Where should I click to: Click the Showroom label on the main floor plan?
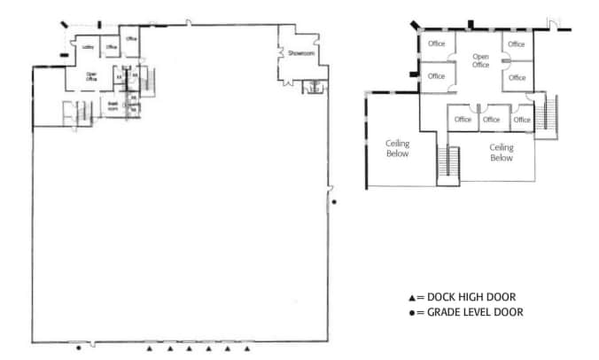pyautogui.click(x=301, y=54)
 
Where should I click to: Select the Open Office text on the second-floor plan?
pyautogui.click(x=480, y=60)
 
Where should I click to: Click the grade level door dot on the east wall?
pyautogui.click(x=334, y=202)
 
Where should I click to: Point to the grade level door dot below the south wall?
pyautogui.click(x=79, y=348)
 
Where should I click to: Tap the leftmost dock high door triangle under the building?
pyautogui.click(x=149, y=348)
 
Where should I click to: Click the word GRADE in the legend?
pyautogui.click(x=445, y=313)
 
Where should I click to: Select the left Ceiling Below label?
pyautogui.click(x=397, y=147)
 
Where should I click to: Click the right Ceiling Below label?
pyautogui.click(x=502, y=153)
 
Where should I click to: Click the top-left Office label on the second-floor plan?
pyautogui.click(x=436, y=43)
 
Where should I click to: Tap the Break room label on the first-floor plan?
pyautogui.click(x=113, y=104)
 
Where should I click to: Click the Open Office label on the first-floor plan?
pyautogui.click(x=90, y=77)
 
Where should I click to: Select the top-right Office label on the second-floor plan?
pyautogui.click(x=517, y=43)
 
